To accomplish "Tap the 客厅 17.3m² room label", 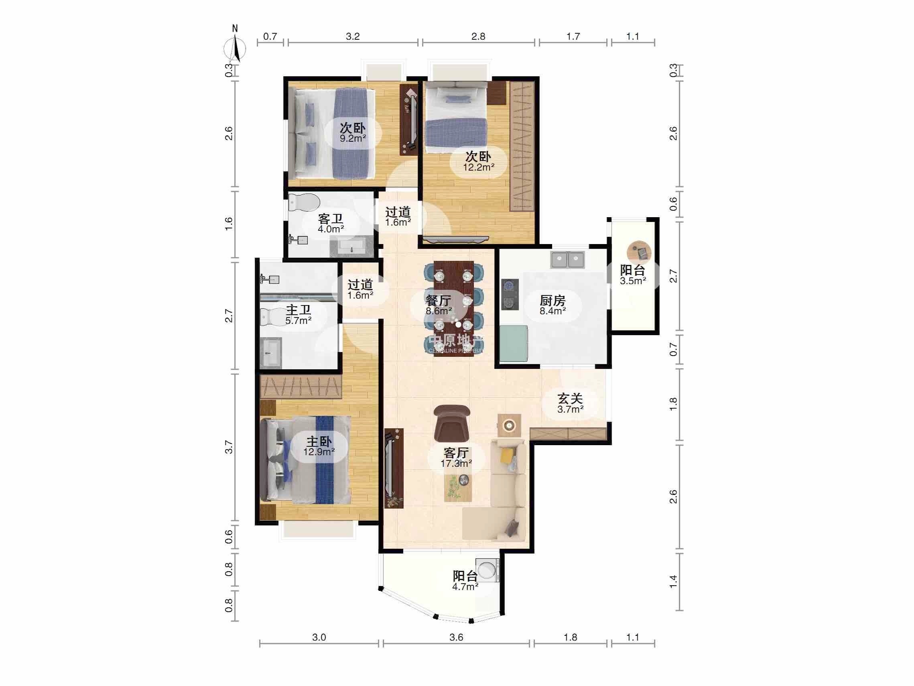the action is (456, 458).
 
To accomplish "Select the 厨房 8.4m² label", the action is (552, 305).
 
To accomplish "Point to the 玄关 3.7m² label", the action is (570, 403).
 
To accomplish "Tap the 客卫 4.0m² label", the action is (331, 223).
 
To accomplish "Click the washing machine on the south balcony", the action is (487, 570).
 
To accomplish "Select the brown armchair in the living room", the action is (452, 423).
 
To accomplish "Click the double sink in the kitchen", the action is (567, 260).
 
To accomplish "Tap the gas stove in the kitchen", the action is (510, 294).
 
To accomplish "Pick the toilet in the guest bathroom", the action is (304, 202).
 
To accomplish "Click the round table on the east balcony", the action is (639, 252).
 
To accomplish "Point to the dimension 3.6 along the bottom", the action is (456, 637).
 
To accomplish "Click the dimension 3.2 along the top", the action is (352, 37).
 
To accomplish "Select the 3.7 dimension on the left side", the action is (229, 447).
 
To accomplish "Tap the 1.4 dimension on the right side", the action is (673, 581).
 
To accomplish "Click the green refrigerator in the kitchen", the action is (514, 343).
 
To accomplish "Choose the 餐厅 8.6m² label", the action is (439, 305).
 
